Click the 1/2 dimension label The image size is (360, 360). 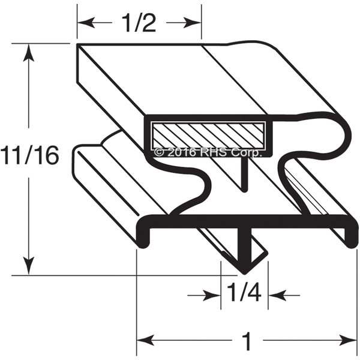coord(139,23)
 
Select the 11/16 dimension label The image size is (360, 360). coord(29,155)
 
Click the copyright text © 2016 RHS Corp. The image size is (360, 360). coord(208,152)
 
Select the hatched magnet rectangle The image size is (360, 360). coord(208,136)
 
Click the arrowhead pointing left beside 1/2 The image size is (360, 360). coord(86,23)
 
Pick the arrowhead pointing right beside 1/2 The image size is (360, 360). coord(192,23)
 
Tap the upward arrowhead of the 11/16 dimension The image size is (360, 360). coord(28,53)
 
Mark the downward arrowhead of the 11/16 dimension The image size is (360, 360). coord(28,265)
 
